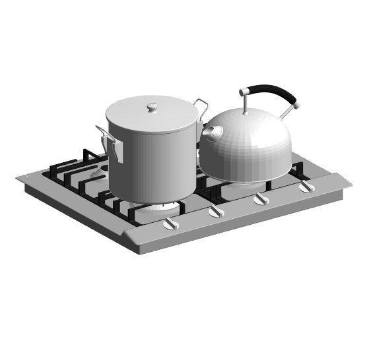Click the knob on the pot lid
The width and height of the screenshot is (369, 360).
click(x=152, y=106)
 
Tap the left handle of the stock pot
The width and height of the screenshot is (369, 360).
click(x=109, y=142)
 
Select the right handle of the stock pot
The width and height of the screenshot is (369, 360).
click(x=201, y=105)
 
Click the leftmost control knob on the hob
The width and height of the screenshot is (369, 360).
click(x=171, y=224)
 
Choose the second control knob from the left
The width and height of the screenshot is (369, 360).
click(x=216, y=211)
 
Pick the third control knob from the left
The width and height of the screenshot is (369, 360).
click(x=261, y=199)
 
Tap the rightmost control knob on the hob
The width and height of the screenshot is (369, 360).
click(x=305, y=187)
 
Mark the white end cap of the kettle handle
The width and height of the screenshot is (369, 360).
click(x=298, y=104)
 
